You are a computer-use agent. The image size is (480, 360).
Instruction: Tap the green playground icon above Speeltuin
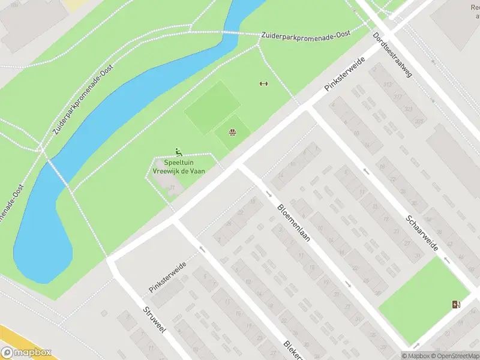tap(178, 152)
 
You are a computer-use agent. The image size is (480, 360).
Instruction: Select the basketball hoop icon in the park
tap(232, 131)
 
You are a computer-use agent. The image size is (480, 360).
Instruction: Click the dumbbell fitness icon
tap(263, 83)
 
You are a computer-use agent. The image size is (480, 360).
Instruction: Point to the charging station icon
tap(457, 304)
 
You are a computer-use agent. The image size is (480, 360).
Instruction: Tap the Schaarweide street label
tap(422, 233)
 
